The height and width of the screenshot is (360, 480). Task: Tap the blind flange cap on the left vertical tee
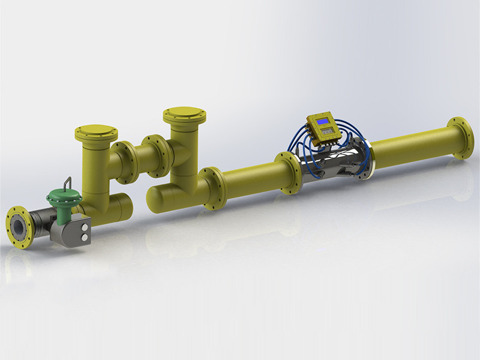(x=96, y=131)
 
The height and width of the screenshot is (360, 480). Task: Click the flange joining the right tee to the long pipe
(x=212, y=188)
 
